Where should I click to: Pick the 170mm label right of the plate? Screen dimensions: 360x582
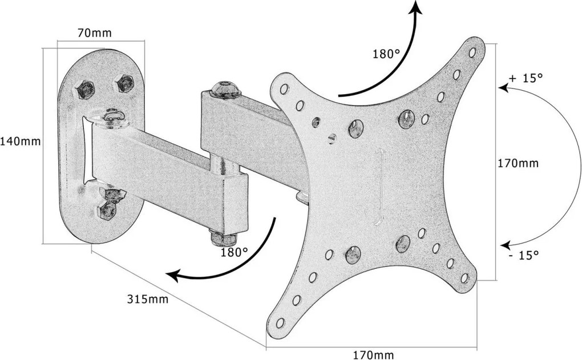pyautogui.click(x=518, y=163)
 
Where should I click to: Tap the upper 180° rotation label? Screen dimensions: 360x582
pyautogui.click(x=386, y=55)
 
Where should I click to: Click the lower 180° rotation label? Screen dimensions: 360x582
pyautogui.click(x=234, y=250)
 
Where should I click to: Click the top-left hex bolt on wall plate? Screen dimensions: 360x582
pyautogui.click(x=84, y=89)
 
